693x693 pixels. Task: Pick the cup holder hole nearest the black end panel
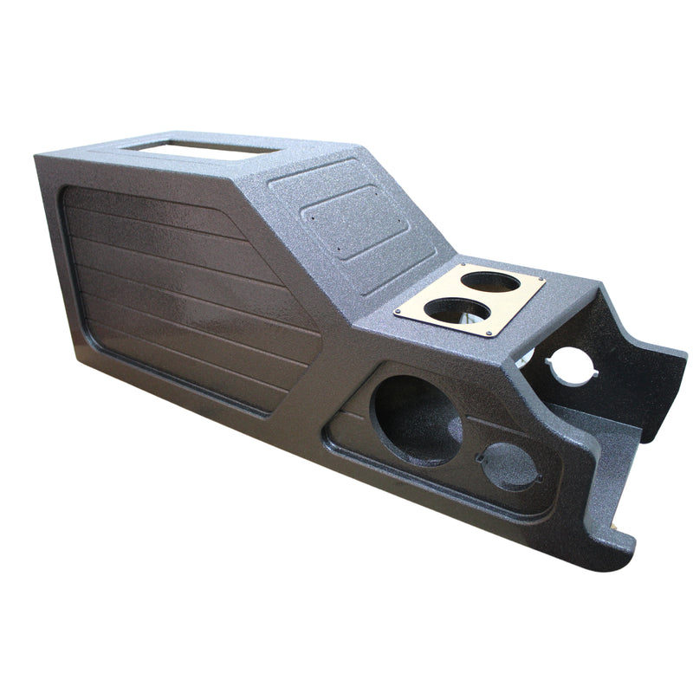pyautogui.click(x=490, y=282)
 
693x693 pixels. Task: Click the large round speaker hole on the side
pyautogui.click(x=415, y=419)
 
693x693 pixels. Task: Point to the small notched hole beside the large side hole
pyautogui.click(x=511, y=469)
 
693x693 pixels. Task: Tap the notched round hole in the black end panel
pyautogui.click(x=571, y=364)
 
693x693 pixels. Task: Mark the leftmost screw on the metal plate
pyautogui.click(x=400, y=313)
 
